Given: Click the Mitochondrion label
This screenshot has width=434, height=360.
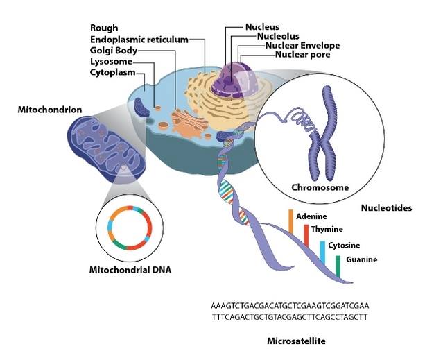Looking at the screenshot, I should tap(49, 110).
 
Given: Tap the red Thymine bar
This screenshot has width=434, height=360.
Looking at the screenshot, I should tap(306, 237).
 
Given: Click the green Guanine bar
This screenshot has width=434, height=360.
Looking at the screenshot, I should tap(338, 265).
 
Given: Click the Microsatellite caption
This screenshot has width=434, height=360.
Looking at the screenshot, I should tap(296, 341).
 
